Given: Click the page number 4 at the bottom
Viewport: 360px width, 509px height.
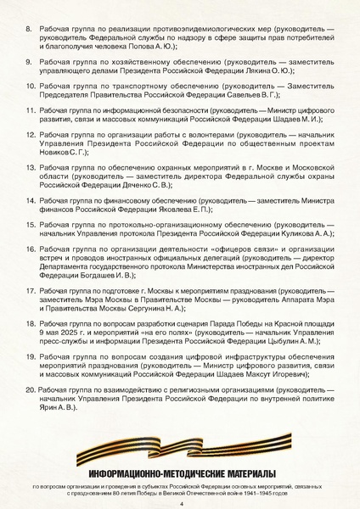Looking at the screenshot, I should [x=182, y=502].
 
